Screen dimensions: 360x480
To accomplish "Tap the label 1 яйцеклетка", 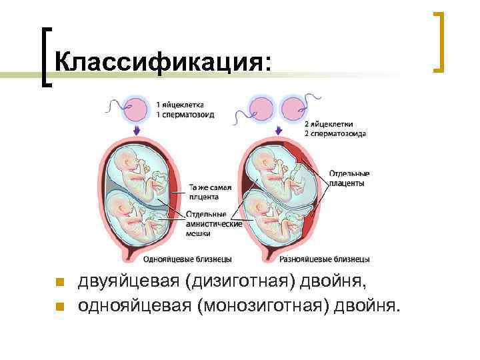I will tap(180, 105).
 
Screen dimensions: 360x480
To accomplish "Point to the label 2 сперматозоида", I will tap(335, 133).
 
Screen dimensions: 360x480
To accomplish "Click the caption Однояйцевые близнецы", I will tap(188, 259).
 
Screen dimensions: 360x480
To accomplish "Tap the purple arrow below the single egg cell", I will tap(137, 130).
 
